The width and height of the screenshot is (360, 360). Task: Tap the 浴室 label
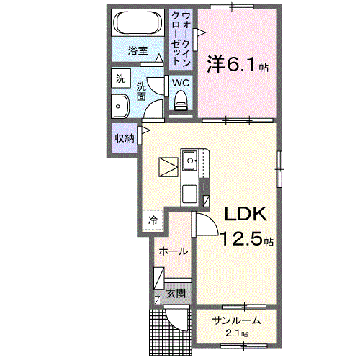pos(138,50)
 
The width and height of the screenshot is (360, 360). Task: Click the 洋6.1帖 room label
pos(238,65)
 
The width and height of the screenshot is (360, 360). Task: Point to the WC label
pos(180,83)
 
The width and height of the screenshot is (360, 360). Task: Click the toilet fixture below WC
pos(180,100)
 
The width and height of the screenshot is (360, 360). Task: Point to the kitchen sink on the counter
pos(189,160)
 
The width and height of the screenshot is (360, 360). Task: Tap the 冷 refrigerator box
pos(153,219)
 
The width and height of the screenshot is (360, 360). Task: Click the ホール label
pos(174,251)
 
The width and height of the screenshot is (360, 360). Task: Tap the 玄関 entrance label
pos(176,293)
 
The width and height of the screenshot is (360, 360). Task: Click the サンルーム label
pos(235,320)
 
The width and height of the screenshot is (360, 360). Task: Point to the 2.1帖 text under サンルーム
pos(235,333)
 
